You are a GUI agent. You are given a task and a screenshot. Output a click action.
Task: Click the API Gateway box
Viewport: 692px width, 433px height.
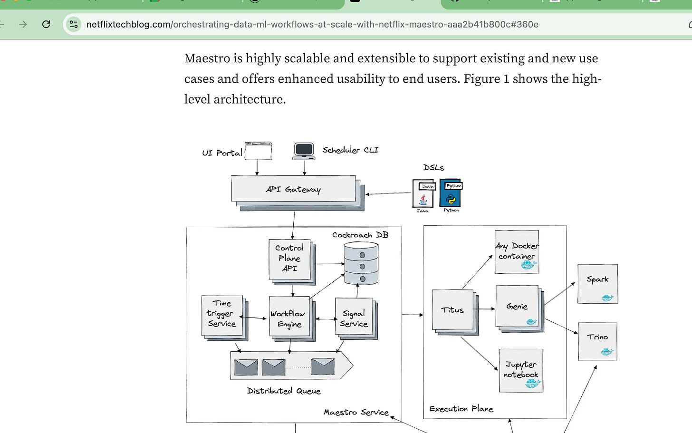[x=293, y=189]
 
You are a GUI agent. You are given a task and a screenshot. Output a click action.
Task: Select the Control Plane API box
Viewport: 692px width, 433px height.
[x=289, y=259]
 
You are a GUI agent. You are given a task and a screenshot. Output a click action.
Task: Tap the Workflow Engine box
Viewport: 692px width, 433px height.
[x=289, y=318]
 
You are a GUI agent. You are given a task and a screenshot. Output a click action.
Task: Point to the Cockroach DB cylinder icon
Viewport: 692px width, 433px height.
[x=361, y=263]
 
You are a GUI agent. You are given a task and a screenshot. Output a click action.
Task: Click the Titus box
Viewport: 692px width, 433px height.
[x=452, y=310]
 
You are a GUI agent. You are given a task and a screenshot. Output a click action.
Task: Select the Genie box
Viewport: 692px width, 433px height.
[x=517, y=307]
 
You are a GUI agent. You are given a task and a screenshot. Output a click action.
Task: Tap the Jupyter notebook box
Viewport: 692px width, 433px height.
[x=521, y=370]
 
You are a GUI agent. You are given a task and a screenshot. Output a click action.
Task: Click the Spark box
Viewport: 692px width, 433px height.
[x=597, y=284]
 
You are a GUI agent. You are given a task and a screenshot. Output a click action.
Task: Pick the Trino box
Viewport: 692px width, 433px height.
[x=597, y=341]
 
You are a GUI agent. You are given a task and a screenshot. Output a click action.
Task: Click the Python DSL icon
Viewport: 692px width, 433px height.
[x=451, y=193]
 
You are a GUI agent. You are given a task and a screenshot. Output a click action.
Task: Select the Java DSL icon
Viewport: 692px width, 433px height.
[x=423, y=193]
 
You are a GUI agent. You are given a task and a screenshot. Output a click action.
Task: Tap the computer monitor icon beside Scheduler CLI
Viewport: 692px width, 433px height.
[x=304, y=150]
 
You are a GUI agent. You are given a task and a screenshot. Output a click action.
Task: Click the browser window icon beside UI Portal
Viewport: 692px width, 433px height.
[x=258, y=151]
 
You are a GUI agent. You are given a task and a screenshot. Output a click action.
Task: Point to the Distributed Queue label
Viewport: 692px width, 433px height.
[x=284, y=391]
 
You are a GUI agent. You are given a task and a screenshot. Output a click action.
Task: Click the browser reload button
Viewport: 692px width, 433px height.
[x=46, y=24]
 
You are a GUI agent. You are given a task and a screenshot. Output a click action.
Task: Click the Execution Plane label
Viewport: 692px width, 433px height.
[x=461, y=409]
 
